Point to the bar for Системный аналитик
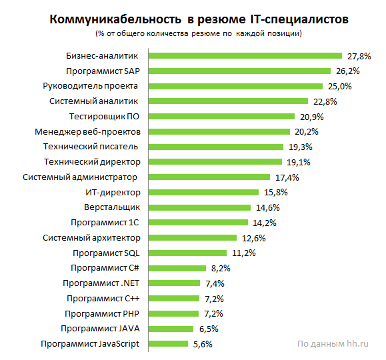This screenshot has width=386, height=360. (228, 101)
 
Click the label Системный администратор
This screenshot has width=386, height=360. (80, 177)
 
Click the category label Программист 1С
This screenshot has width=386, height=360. (105, 222)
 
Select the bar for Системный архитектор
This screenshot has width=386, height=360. (193, 237)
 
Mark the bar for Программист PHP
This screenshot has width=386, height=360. (173, 313)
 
